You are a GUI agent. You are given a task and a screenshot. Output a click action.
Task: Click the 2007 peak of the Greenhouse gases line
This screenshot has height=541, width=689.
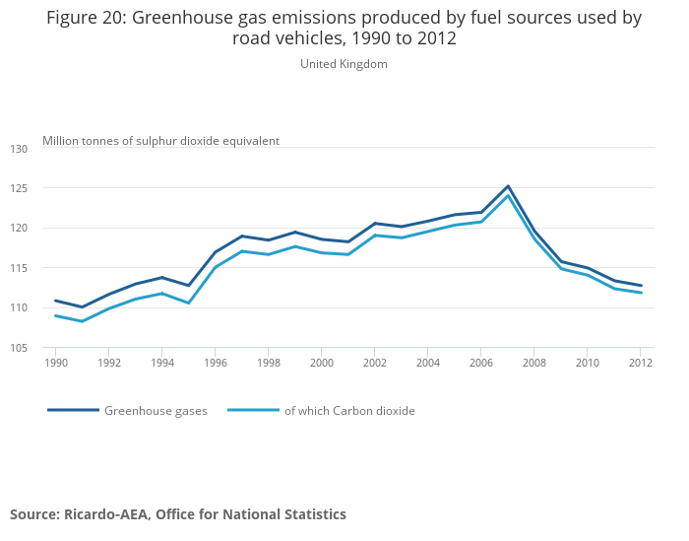pos(508,185)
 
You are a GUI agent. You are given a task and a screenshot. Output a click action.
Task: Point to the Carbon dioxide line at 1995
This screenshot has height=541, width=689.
pos(188,303)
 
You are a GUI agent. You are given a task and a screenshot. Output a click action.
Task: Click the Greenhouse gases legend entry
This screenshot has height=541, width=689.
pos(156,411)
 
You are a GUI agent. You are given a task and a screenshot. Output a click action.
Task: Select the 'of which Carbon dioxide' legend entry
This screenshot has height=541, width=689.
pos(349,411)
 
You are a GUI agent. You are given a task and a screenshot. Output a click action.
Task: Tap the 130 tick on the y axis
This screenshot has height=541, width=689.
pos(20,148)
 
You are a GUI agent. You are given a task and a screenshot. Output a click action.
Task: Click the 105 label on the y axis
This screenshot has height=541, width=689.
pos(20,348)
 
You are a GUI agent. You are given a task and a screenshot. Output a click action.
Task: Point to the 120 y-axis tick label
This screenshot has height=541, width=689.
pos(20,228)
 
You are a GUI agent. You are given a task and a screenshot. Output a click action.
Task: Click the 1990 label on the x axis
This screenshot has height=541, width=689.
pos(55,363)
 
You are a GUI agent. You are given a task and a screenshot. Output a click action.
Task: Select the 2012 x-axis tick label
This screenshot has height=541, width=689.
pos(641,363)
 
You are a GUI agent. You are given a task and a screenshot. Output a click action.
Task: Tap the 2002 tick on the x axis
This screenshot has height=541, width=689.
pos(374,363)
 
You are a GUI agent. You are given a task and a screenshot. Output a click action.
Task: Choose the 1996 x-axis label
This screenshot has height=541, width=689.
pos(215,363)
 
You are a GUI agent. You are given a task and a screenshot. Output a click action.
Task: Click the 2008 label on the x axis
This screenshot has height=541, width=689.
pos(534,363)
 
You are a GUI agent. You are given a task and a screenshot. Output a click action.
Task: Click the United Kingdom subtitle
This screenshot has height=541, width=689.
pos(344,64)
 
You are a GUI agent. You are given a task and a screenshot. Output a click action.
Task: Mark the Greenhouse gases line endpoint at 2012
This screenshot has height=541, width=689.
pos(641,286)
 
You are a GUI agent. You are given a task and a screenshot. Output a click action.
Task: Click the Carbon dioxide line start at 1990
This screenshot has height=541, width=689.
pos(55,315)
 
